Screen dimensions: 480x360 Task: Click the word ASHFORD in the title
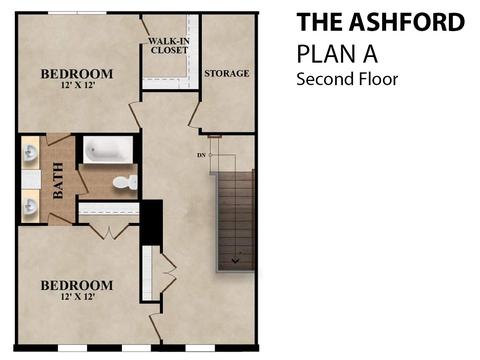point(407,22)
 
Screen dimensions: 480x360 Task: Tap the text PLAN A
point(337,54)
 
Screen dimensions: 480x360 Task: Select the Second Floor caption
point(347,79)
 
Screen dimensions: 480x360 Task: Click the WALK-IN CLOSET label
point(169,46)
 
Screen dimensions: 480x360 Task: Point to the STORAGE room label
point(227,73)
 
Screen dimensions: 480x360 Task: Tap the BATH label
point(58,180)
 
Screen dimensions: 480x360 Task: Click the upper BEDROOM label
point(77,74)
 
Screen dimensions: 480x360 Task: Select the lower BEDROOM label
point(77,285)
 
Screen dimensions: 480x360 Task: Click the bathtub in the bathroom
point(107,150)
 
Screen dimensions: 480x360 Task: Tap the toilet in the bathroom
point(125,183)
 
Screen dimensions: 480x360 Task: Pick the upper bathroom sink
point(31,153)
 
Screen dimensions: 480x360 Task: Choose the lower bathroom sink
point(31,207)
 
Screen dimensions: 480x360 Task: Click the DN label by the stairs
point(201,155)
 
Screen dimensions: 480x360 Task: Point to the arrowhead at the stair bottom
point(235,260)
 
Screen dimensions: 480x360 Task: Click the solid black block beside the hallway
point(152,222)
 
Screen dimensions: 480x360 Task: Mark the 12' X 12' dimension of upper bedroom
point(78,85)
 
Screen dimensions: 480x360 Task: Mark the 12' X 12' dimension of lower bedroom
point(78,296)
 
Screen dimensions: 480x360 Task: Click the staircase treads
point(236,221)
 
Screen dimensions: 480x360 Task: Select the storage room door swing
point(194,115)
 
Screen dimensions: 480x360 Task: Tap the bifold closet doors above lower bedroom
point(109,232)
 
